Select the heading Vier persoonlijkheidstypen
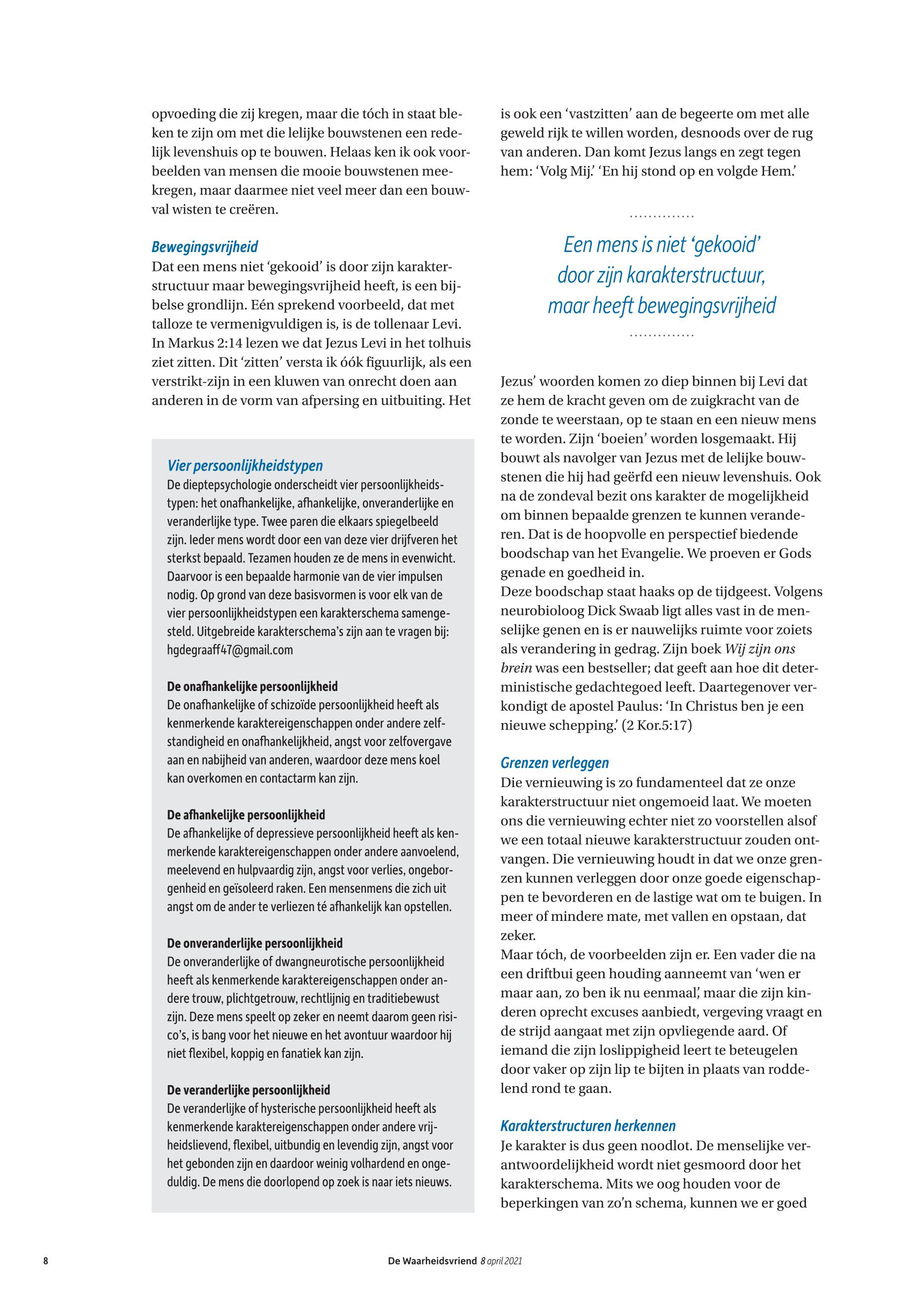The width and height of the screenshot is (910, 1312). click(x=245, y=466)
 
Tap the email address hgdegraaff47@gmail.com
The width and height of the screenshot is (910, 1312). click(x=230, y=650)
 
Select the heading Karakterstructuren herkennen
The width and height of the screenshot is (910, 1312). click(x=588, y=1126)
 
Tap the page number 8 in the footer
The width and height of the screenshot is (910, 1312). click(x=45, y=1261)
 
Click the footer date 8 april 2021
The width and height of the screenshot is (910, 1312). click(x=501, y=1261)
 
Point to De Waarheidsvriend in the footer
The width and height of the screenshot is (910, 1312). click(x=432, y=1261)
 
